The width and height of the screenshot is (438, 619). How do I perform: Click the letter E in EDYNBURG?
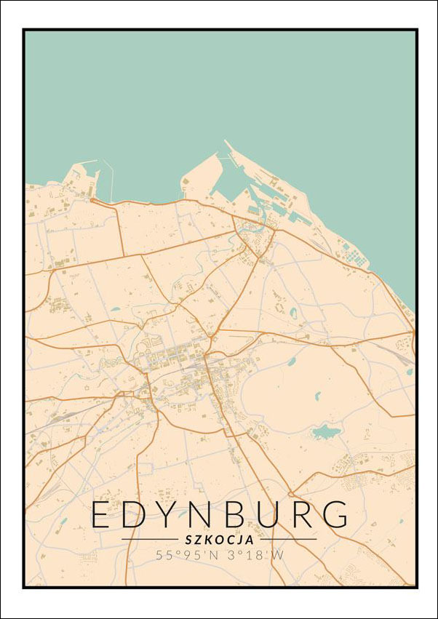pyautogui.click(x=103, y=514)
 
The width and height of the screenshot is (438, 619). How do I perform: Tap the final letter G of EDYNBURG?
pyautogui.click(x=337, y=514)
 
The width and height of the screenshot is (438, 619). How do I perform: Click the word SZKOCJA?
pyautogui.click(x=219, y=540)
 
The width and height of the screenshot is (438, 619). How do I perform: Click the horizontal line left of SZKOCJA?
pyautogui.click(x=149, y=540)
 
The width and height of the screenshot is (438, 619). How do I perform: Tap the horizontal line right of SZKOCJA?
pyautogui.click(x=288, y=540)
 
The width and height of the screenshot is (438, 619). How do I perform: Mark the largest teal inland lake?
pyautogui.click(x=325, y=433)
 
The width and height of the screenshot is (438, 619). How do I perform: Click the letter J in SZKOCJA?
pyautogui.click(x=241, y=540)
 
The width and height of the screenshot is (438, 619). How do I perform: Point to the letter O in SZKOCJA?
pyautogui.click(x=220, y=540)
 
